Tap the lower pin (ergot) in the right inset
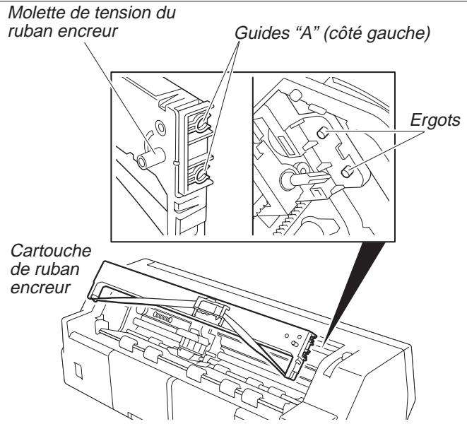(x=347, y=172)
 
